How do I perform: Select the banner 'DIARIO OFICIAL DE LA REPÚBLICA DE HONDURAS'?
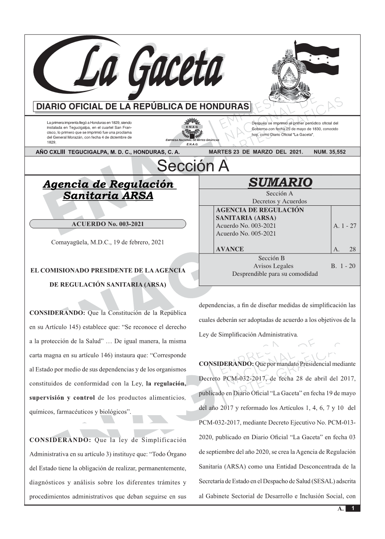click(143, 107)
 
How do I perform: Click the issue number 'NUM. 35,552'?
click(330, 152)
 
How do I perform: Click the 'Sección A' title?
click(193, 166)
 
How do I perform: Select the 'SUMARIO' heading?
click(280, 182)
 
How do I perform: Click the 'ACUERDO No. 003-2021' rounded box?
click(108, 224)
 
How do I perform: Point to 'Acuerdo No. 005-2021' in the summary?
click(246, 233)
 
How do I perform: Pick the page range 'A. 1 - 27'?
click(345, 226)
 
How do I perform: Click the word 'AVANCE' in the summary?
click(230, 249)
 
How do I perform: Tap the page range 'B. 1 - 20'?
click(343, 266)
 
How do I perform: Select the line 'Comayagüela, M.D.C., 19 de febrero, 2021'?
click(108, 242)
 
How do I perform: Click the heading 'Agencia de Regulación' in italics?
click(108, 184)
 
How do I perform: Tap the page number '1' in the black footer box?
click(353, 508)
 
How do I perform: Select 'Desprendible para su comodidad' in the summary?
click(275, 274)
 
